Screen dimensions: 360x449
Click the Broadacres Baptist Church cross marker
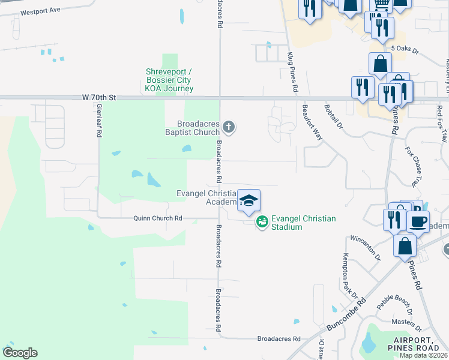228,127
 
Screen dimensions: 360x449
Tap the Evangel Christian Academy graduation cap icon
249,200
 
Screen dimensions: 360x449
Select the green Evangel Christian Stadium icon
262,222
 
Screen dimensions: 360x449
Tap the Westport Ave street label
40,11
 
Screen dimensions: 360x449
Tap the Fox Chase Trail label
414,167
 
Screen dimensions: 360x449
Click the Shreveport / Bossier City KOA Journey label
169,80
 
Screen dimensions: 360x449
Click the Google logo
20,352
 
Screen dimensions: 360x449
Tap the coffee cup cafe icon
418,220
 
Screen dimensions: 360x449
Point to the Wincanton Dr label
366,248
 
